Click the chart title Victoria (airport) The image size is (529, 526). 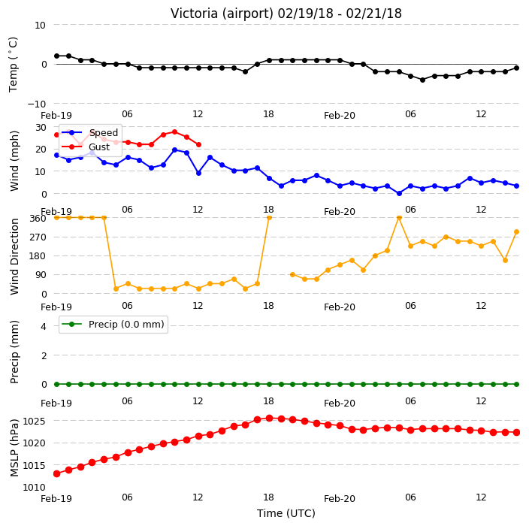tap(222, 14)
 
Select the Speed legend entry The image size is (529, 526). tap(90, 132)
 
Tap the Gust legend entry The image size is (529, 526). tap(86, 147)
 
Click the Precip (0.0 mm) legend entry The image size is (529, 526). tap(113, 324)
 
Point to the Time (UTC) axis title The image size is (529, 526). tap(286, 513)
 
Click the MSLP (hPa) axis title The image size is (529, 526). tap(14, 447)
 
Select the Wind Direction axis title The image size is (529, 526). tap(14, 256)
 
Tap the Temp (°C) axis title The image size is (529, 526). tap(14, 65)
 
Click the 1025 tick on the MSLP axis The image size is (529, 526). tap(34, 421)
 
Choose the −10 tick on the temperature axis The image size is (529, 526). tap(36, 104)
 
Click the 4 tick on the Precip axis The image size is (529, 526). tap(44, 326)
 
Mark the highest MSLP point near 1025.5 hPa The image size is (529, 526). tap(269, 419)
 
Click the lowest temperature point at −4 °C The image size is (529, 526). tap(422, 80)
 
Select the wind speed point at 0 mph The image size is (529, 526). tap(399, 194)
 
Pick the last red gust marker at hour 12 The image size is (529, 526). tap(198, 145)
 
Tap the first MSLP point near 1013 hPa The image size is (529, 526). tap(56, 473)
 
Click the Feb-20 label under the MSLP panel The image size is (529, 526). tap(340, 499)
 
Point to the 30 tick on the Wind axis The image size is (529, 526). tap(41, 128)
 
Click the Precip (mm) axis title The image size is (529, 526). tap(14, 352)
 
